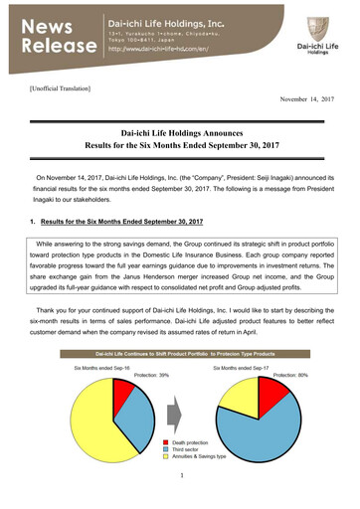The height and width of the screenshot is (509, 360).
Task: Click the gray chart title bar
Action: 179,355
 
